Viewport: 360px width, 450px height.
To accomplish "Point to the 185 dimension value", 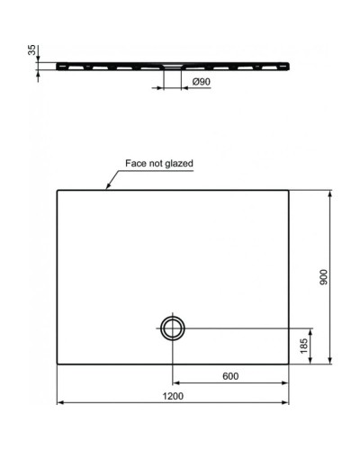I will (x=305, y=345).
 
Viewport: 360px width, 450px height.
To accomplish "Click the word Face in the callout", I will (x=133, y=164).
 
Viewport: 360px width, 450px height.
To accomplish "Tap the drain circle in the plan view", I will (x=172, y=328).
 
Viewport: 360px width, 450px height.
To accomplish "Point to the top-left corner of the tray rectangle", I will (x=58, y=189).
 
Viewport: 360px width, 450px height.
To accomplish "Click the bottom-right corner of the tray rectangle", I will (x=289, y=364).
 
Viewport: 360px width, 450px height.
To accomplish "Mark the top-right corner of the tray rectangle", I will (x=289, y=189).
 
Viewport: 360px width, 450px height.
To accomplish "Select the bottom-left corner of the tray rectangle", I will (x=58, y=364).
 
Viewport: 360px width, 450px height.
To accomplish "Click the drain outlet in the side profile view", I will (x=172, y=66).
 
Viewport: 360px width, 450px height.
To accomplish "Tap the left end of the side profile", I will (x=56, y=65).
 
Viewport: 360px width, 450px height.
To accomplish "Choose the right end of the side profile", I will (x=289, y=65).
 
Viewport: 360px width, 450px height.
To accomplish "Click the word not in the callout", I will (x=155, y=164).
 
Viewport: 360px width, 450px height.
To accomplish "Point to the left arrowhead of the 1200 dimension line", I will (x=59, y=401).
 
